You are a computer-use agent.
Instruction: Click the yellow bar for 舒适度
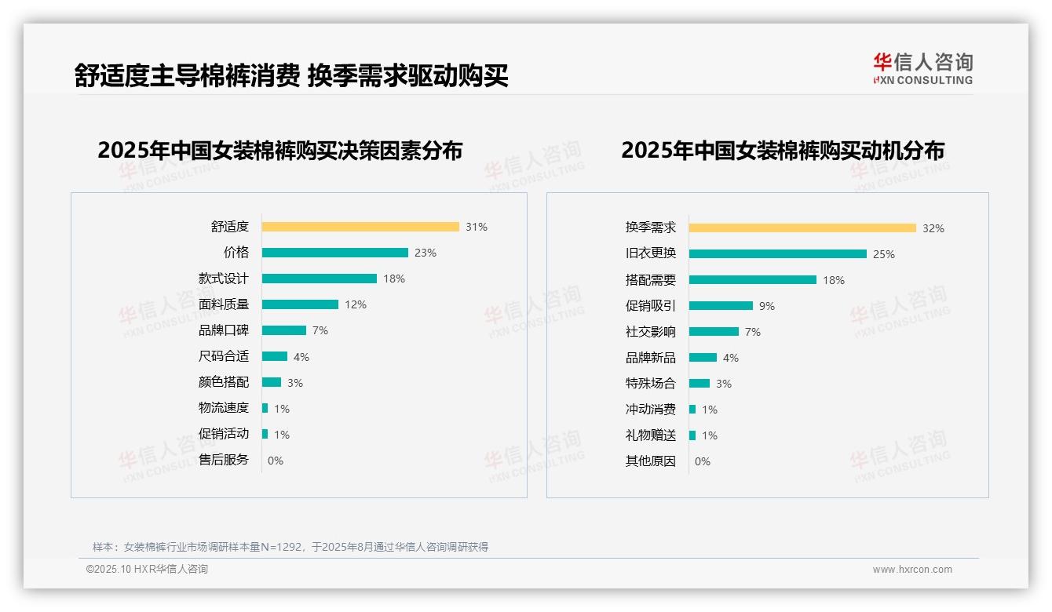click(x=360, y=227)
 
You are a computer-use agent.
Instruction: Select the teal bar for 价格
click(x=335, y=253)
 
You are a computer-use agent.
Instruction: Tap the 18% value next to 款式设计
click(x=394, y=279)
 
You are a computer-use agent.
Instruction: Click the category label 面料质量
click(x=224, y=304)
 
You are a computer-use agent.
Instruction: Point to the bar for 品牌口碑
click(x=284, y=330)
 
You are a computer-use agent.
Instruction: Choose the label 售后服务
click(x=224, y=460)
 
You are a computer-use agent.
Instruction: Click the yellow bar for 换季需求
click(x=802, y=228)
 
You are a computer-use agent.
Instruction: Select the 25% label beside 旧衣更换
click(x=884, y=254)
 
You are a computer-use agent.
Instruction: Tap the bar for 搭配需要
click(x=753, y=280)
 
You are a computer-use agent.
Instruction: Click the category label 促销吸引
click(x=651, y=306)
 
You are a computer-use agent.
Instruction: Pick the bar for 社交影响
click(x=714, y=332)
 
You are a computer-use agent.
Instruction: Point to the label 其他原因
click(x=651, y=461)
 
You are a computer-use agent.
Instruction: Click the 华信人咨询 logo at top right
click(x=923, y=68)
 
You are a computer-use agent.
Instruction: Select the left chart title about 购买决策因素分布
click(x=280, y=150)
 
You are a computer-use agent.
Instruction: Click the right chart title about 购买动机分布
click(x=783, y=150)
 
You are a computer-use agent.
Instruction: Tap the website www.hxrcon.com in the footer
click(x=912, y=570)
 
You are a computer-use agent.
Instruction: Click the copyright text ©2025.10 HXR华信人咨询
click(x=147, y=570)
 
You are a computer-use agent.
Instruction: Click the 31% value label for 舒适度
click(x=477, y=227)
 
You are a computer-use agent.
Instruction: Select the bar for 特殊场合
click(x=700, y=384)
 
